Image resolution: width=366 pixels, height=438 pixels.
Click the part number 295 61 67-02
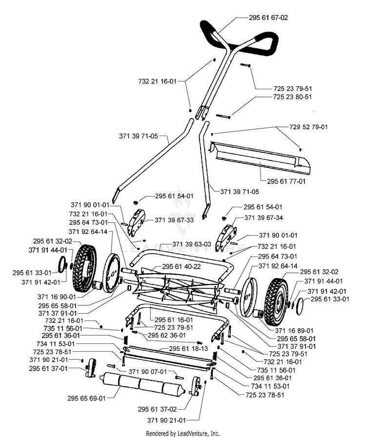point(268,18)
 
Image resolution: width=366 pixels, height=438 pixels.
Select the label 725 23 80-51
point(292,97)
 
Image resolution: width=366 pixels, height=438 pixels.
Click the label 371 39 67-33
point(174,220)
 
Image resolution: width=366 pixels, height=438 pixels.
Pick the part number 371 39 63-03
point(192,244)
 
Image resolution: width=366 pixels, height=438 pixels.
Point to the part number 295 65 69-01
point(86,398)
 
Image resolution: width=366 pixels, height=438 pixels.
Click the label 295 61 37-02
point(158,409)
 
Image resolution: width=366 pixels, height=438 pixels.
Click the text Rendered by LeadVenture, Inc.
point(183,433)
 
